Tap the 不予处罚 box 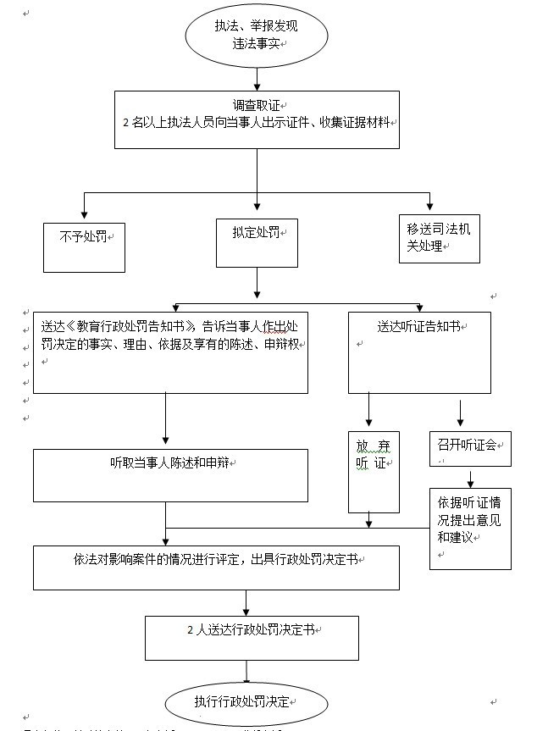85,246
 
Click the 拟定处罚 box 257,243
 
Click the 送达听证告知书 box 419,352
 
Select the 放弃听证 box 374,471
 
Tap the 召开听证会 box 469,448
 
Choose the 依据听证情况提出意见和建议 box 469,528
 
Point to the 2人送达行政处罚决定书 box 251,637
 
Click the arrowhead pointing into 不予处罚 84,212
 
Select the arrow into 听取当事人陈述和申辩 165,424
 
